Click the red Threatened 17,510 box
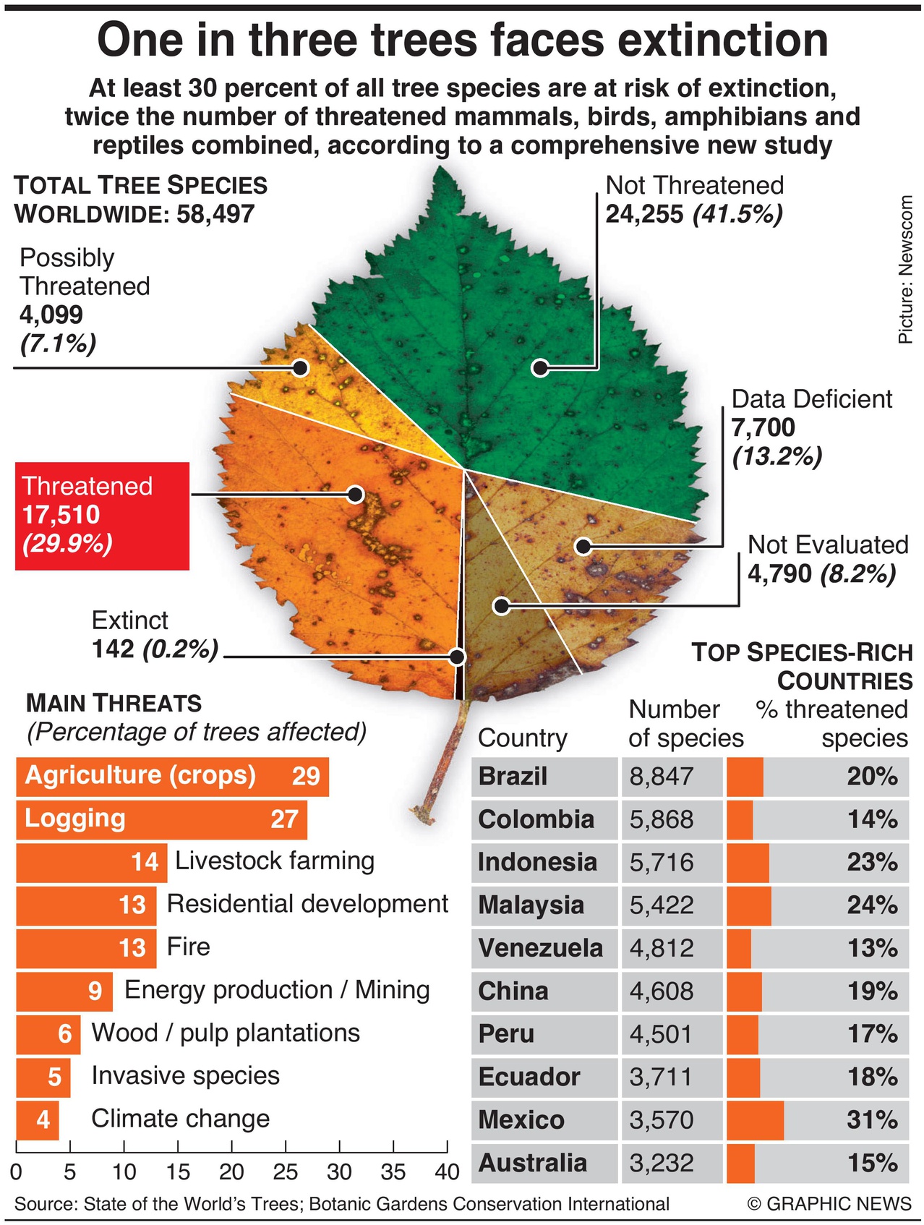102,516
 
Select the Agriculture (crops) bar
172,777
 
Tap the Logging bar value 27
284,819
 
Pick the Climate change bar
37,1119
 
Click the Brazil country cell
544,777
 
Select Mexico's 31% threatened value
872,1120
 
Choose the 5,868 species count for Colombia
662,819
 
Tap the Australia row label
533,1163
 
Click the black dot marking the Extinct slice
457,657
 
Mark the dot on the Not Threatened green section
539,367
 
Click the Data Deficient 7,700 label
763,427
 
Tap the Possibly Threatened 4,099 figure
51,315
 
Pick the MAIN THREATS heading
114,703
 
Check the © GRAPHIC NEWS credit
829,1203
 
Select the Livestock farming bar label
275,861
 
